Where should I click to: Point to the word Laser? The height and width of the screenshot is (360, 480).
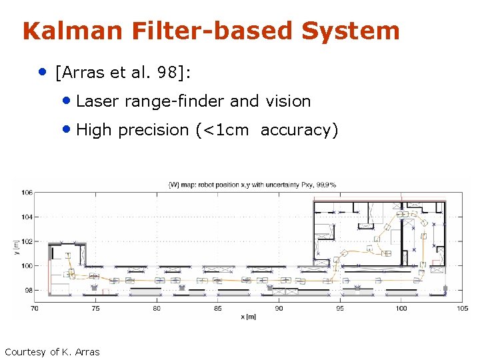coord(97,101)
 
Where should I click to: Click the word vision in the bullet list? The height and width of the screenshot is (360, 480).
coord(288,101)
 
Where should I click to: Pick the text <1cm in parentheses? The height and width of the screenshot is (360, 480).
coord(225,130)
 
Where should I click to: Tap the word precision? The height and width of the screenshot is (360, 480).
coord(153,130)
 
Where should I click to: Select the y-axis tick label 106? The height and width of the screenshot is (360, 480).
coord(27,193)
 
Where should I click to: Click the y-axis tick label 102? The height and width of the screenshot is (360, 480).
coord(27,241)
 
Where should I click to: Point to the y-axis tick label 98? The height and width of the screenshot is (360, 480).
coord(28,291)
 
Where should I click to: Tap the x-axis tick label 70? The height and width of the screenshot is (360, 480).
coord(35,309)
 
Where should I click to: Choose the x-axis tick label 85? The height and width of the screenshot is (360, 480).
coord(218,309)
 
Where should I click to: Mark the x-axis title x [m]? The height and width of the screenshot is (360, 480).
coord(248,317)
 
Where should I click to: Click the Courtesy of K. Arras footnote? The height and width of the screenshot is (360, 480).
coord(52,352)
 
